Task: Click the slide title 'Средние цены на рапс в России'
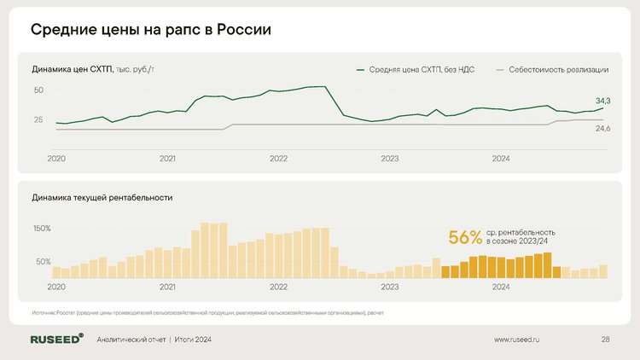tap(151, 30)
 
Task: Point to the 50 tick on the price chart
tap(39, 90)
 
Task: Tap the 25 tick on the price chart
tap(39, 119)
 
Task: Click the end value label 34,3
tap(602, 101)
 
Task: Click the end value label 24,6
tap(602, 128)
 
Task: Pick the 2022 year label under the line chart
tap(279, 159)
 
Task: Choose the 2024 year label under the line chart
tap(501, 159)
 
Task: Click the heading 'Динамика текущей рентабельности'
tap(102, 197)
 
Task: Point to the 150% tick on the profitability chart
tap(42, 229)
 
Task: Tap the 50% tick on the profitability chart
tap(44, 261)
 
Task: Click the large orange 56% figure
tap(465, 237)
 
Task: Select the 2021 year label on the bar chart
tap(168, 287)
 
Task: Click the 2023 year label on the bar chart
tap(390, 287)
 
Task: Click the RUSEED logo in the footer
tap(57, 340)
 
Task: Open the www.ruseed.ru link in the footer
tap(518, 340)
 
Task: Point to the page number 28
tap(605, 340)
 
